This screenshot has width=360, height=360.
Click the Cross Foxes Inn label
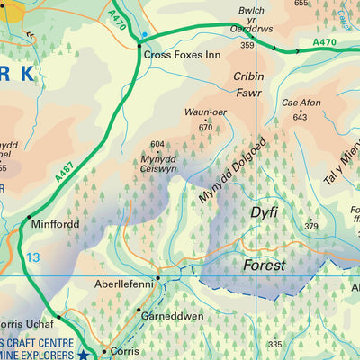pos(183,55)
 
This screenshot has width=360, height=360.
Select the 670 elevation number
pos(205,127)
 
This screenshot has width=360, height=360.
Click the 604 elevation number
pos(157,144)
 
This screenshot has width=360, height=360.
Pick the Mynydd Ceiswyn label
pos(157,164)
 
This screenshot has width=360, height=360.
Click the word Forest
pos(264,265)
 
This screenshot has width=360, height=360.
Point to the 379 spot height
pos(311,225)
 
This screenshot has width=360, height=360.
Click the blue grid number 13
pos(33,258)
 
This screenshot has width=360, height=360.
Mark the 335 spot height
pos(274,344)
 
